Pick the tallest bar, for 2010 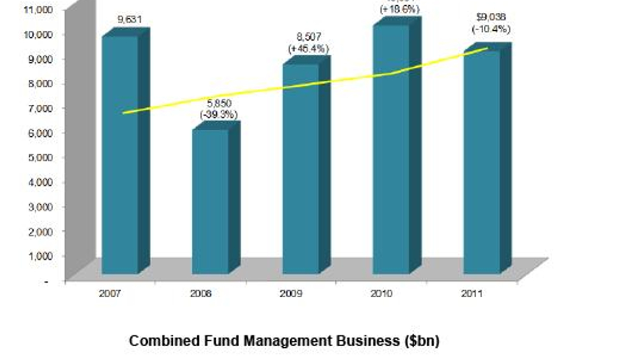391,149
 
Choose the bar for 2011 482,162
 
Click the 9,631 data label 130,20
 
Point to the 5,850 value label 219,103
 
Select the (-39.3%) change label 219,114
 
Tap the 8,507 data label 309,37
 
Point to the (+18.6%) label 399,9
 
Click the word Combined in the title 162,341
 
